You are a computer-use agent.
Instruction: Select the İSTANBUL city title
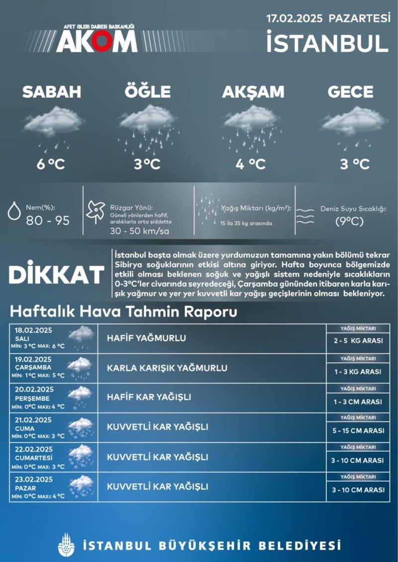[x=327, y=42]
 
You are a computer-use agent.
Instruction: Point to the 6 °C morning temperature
[x=51, y=163]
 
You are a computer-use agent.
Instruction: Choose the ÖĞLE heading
[x=147, y=92]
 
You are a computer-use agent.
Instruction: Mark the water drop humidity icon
[x=14, y=211]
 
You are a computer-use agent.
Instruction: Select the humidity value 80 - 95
[x=48, y=221]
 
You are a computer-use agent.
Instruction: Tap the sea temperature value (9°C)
[x=349, y=221]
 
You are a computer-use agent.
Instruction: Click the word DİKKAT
[x=56, y=274]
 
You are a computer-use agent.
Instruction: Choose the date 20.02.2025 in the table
[x=34, y=389]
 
